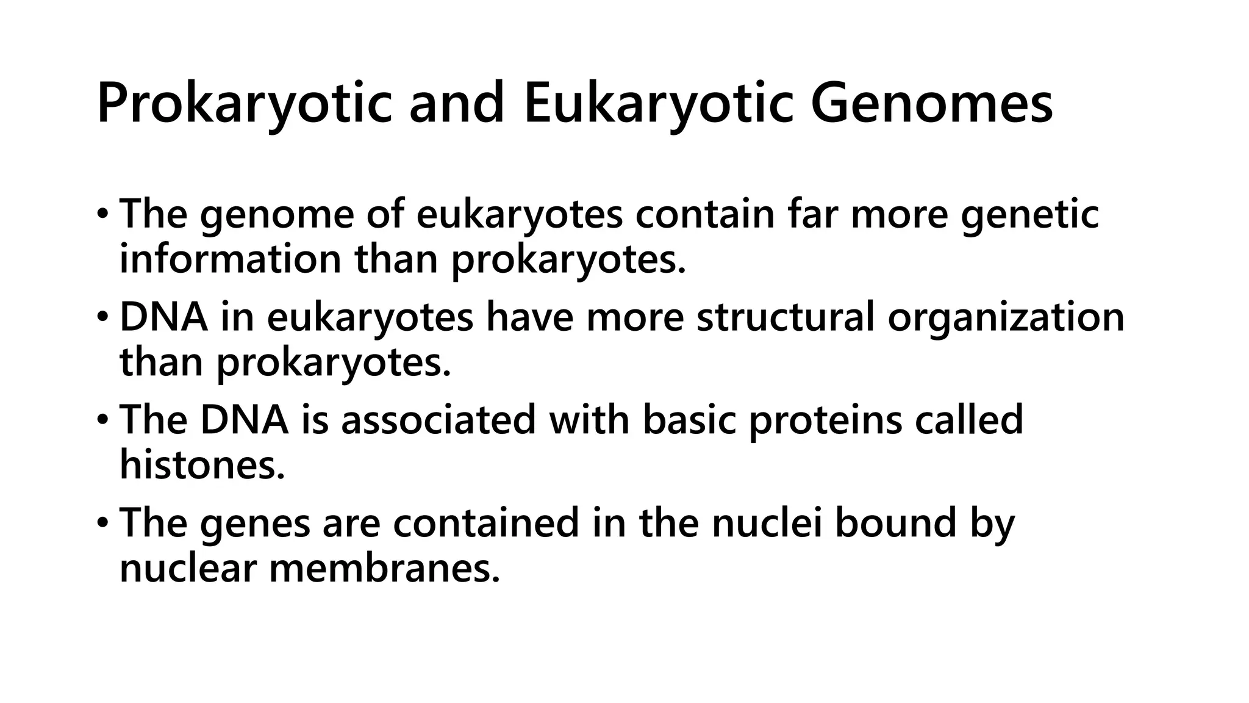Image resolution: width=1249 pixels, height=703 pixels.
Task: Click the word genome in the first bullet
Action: (277, 215)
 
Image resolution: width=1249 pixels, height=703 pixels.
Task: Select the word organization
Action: (1006, 317)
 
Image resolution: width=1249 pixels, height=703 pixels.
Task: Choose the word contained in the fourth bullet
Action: (485, 524)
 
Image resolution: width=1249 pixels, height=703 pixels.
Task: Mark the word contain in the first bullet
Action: (704, 215)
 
